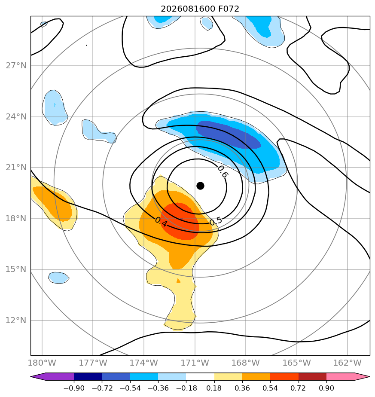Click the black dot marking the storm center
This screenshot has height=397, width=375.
200,186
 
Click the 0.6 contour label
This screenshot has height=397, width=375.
223,171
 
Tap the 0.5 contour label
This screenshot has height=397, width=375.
216,221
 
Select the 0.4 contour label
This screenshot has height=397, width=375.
161,222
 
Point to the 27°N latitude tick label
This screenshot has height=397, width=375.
16,66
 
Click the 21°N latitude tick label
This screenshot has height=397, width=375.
16,168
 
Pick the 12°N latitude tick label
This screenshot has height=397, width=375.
16,320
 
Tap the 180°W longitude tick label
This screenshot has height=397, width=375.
42,363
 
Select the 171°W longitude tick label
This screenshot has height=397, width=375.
195,363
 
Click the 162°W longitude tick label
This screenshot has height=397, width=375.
348,363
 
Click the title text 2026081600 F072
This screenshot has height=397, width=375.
200,9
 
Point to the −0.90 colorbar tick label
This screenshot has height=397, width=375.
74,388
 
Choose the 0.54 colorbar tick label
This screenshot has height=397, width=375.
270,388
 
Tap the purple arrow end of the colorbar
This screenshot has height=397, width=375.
52,376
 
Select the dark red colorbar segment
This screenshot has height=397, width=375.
312,376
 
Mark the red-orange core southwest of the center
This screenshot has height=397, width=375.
180,221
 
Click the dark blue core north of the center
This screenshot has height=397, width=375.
229,134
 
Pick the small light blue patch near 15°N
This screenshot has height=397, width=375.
58,278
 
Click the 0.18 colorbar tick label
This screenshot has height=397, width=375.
214,388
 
